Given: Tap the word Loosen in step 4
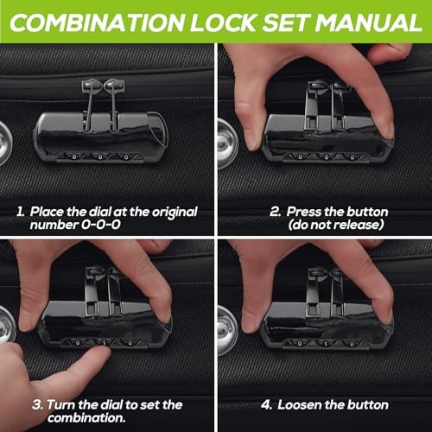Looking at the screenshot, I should point(302,404).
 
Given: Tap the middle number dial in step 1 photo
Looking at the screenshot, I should point(99,156).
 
